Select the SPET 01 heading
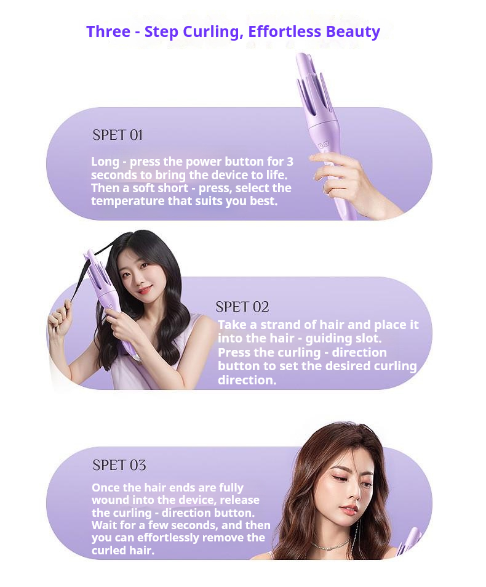[x=118, y=135]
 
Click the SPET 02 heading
[x=242, y=307]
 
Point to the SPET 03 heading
[x=119, y=465]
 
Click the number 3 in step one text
[x=290, y=161]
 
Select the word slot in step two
[x=368, y=338]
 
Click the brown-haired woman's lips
[x=349, y=510]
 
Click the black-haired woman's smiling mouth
[x=145, y=289]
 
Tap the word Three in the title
[x=108, y=32]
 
